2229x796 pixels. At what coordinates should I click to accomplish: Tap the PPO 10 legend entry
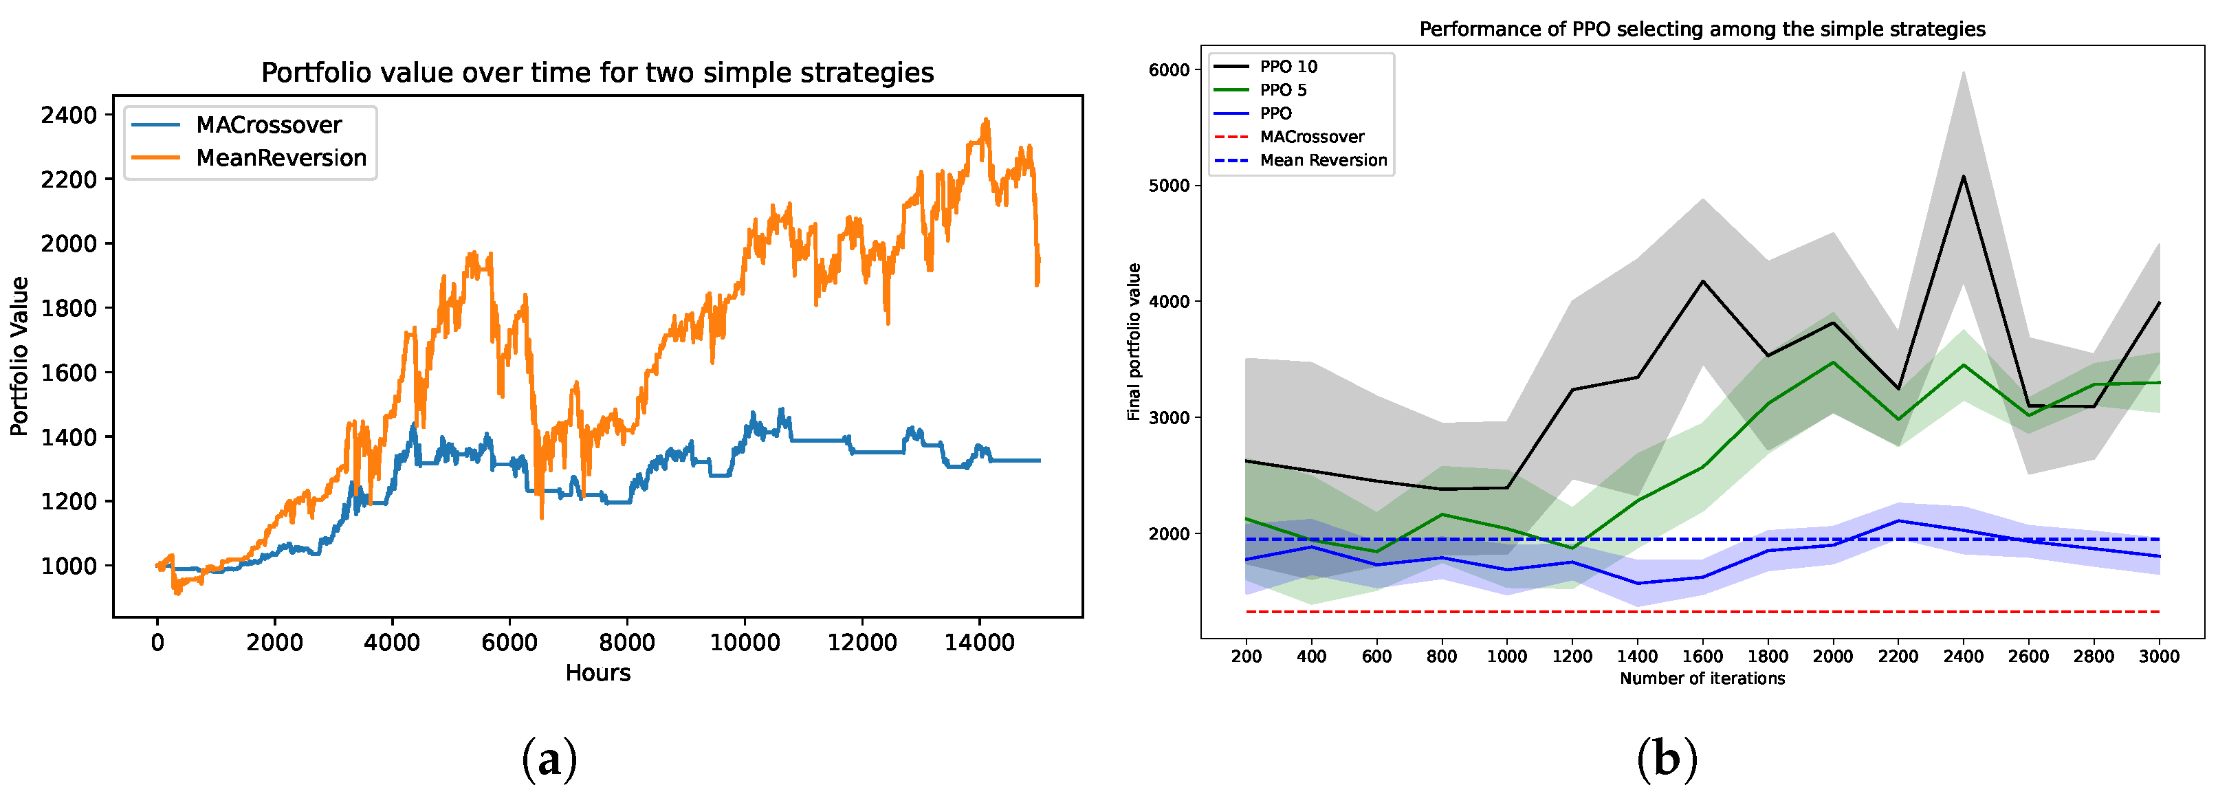click(x=1288, y=67)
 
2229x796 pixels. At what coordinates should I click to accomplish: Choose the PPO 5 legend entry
click(x=1282, y=90)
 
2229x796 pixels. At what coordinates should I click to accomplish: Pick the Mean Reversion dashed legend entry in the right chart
click(x=1322, y=160)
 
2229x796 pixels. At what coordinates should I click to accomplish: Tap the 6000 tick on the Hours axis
click(x=509, y=643)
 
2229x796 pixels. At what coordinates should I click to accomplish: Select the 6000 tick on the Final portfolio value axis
click(x=1169, y=70)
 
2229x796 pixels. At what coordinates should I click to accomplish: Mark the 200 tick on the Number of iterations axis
click(x=1246, y=656)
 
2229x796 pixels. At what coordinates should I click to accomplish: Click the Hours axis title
click(x=598, y=673)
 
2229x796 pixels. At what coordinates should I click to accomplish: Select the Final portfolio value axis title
click(x=1134, y=342)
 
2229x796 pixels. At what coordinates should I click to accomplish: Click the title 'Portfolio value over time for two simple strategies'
click(x=598, y=73)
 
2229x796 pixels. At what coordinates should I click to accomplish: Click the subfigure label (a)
click(x=549, y=760)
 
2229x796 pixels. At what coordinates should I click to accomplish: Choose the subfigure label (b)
click(x=1667, y=760)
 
